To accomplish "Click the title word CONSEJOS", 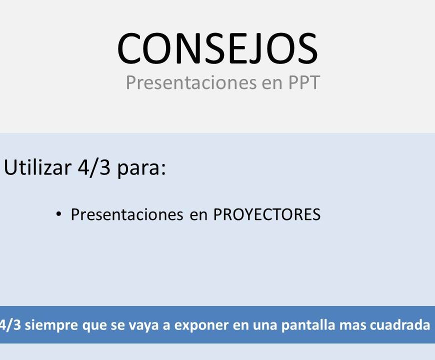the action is click(217, 48).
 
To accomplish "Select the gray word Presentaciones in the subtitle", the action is click(191, 82).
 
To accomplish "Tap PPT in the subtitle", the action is click(304, 82).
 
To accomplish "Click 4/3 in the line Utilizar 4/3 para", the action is click(94, 168).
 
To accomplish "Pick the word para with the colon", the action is click(142, 169).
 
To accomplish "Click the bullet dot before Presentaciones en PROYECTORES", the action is click(58, 214).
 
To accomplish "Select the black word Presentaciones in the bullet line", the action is click(127, 214).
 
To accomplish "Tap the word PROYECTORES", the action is click(267, 214).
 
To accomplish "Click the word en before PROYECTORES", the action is click(198, 215).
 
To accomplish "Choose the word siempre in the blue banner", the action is click(51, 325).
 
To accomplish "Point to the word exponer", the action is click(201, 325).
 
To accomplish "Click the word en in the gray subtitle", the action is click(272, 84).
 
